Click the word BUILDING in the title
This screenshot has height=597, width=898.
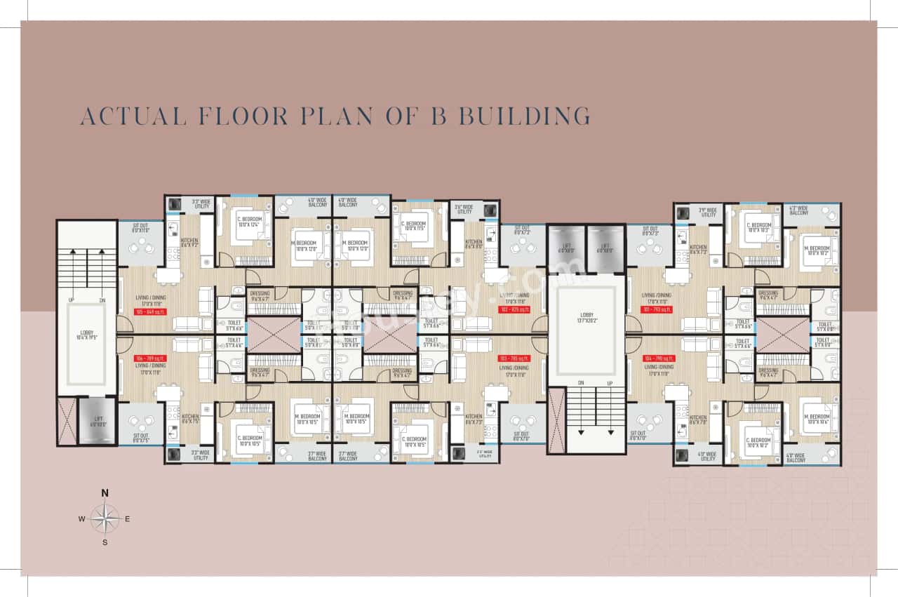click(524, 115)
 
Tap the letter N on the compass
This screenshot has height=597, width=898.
click(105, 492)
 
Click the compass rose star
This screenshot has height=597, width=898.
click(105, 519)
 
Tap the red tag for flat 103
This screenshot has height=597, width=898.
click(512, 358)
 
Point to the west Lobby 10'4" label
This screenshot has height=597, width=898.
click(86, 335)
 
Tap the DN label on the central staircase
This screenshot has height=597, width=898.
click(582, 382)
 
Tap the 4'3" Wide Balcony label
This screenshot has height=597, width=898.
click(799, 210)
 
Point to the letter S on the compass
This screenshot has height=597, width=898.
click(105, 542)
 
